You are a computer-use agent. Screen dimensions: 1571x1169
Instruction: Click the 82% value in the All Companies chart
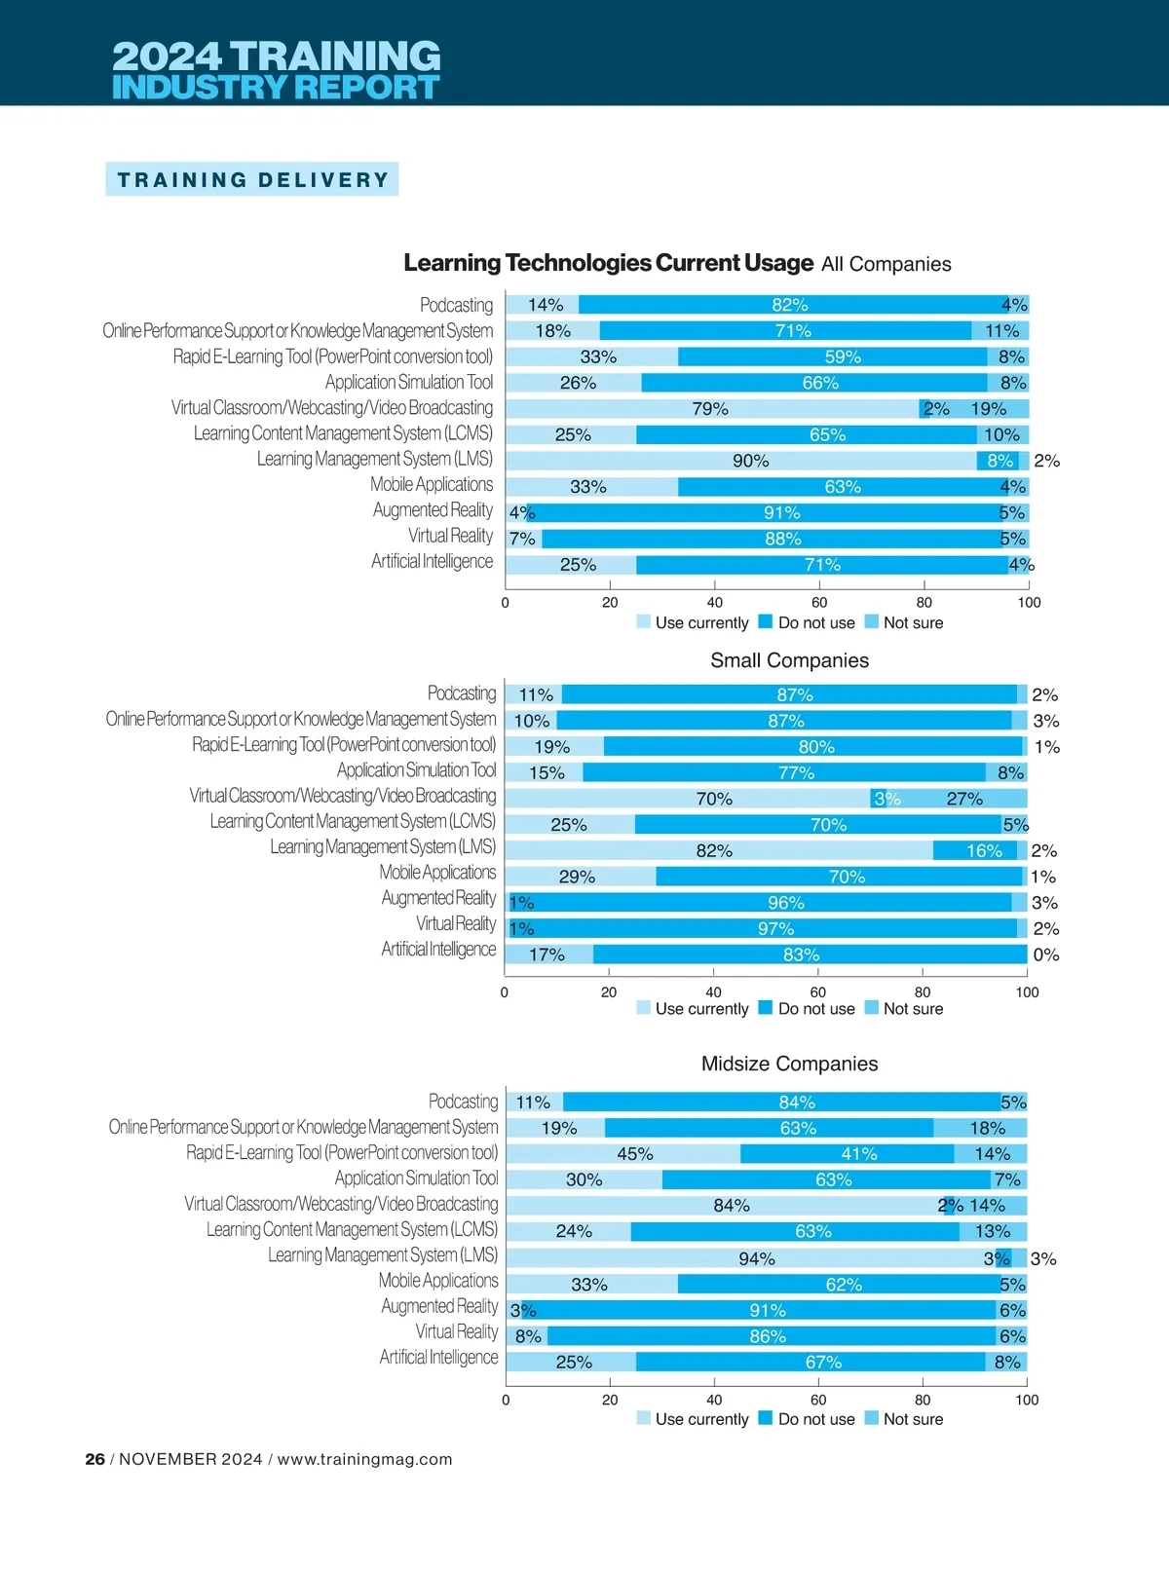pyautogui.click(x=790, y=305)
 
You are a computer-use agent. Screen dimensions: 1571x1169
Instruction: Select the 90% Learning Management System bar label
pyautogui.click(x=751, y=461)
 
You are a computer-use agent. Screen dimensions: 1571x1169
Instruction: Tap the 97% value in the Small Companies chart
pyautogui.click(x=776, y=929)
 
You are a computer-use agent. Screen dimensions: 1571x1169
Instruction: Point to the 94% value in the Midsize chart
pyautogui.click(x=757, y=1258)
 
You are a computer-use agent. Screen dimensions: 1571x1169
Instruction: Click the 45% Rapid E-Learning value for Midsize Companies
pyautogui.click(x=635, y=1154)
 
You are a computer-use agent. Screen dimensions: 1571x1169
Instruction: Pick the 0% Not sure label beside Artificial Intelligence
pyautogui.click(x=1046, y=955)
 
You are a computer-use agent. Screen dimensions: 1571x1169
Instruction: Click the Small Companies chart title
pyautogui.click(x=789, y=660)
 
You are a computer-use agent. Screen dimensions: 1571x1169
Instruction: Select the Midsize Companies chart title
pyautogui.click(x=789, y=1064)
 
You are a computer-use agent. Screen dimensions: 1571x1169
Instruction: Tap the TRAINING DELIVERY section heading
pyautogui.click(x=252, y=180)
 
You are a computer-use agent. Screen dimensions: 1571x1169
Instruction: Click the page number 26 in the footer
pyautogui.click(x=94, y=1459)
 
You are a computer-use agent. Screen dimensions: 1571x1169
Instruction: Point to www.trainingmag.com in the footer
pyautogui.click(x=364, y=1459)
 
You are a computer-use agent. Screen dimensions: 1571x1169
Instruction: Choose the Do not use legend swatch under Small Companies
pyautogui.click(x=766, y=1008)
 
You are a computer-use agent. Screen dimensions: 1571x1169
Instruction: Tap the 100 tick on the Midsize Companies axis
pyautogui.click(x=1027, y=1400)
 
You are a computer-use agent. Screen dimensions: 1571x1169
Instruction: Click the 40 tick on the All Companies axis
pyautogui.click(x=715, y=603)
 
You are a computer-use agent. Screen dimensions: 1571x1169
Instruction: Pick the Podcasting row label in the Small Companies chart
pyautogui.click(x=462, y=693)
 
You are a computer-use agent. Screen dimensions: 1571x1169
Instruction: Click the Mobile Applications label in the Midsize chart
pyautogui.click(x=438, y=1281)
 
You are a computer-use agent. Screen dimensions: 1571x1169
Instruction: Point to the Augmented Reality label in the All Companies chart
pyautogui.click(x=433, y=510)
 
